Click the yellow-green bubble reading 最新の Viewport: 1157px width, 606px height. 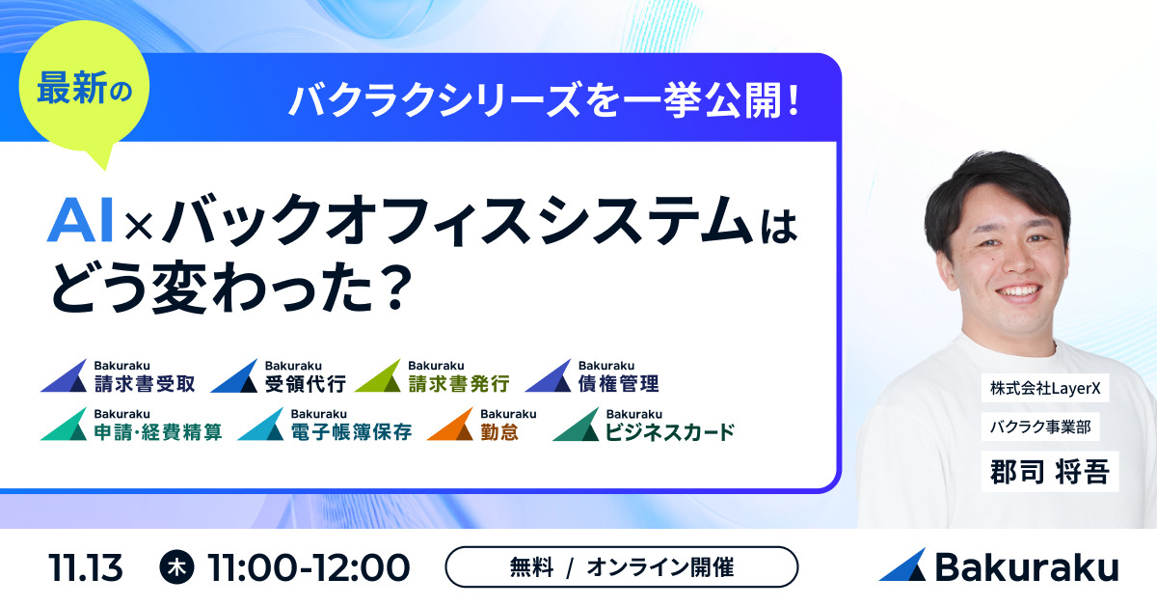coord(84,88)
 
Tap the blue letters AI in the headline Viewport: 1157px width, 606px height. coord(80,221)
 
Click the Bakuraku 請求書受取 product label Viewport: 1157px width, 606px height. coord(118,376)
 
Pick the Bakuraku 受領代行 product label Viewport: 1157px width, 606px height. coord(278,376)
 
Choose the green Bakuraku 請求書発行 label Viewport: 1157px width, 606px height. coord(432,376)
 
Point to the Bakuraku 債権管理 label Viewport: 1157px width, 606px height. coord(592,376)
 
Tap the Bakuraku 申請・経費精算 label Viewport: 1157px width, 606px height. coord(131,424)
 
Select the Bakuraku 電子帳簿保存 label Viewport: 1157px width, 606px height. coord(325,424)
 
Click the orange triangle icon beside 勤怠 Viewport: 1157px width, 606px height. coord(451,425)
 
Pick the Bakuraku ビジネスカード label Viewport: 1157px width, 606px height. coord(644,424)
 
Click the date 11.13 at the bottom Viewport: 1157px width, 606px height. coord(85,567)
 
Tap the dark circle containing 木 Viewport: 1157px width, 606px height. coord(177,567)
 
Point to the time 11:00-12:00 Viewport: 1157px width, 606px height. coord(309,567)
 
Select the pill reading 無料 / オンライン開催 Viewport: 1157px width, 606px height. coord(621,567)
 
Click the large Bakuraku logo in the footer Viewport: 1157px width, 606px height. coord(999,565)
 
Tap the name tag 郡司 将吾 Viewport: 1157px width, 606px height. coord(1050,472)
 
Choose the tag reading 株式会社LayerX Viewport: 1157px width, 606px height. coord(1045,388)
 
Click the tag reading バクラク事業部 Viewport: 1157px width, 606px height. coord(1040,427)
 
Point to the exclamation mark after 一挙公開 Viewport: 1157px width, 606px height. coord(794,99)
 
